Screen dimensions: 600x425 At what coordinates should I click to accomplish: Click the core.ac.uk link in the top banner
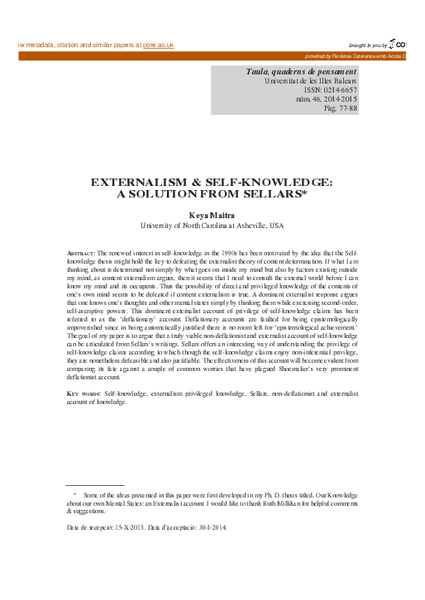coord(158,45)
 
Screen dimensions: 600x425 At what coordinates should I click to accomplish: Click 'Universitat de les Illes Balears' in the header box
coord(316,83)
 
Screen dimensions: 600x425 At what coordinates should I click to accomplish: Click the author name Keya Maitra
coord(212,214)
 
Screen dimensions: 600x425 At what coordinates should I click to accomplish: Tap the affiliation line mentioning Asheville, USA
coord(212,224)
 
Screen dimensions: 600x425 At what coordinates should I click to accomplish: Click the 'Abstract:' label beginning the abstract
coord(80,250)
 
